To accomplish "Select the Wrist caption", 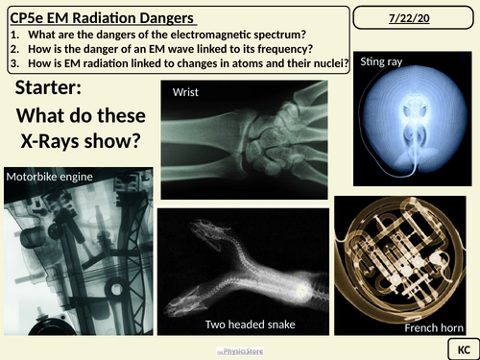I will tap(184, 92).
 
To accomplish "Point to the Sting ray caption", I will tap(385, 62).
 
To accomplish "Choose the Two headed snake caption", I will tap(250, 325).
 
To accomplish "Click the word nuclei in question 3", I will tap(323, 65).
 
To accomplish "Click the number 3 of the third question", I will tap(11, 65).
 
